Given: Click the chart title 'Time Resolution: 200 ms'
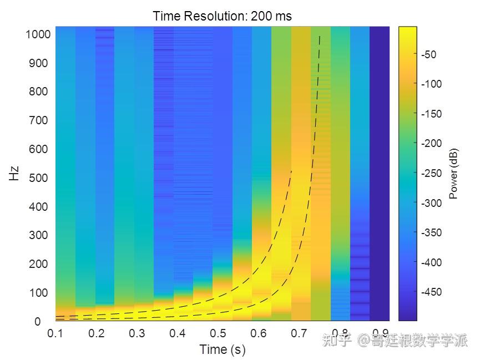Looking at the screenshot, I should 222,16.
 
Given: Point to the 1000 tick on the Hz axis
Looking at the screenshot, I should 38,34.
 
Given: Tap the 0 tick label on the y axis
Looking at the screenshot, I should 37,322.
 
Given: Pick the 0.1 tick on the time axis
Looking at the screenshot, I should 55,333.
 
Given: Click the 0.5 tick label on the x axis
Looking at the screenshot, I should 219,333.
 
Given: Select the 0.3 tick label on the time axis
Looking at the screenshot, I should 137,333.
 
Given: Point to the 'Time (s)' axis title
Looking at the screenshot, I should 222,349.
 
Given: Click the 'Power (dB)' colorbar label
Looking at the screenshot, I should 453,174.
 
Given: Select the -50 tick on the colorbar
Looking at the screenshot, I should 429,54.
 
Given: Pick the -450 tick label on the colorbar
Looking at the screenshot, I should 431,292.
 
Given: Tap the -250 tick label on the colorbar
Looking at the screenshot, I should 431,173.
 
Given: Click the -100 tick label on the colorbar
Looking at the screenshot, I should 431,84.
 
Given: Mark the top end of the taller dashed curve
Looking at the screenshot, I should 320,37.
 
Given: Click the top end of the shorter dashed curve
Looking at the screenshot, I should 291,171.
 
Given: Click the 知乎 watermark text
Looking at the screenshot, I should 337,339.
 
